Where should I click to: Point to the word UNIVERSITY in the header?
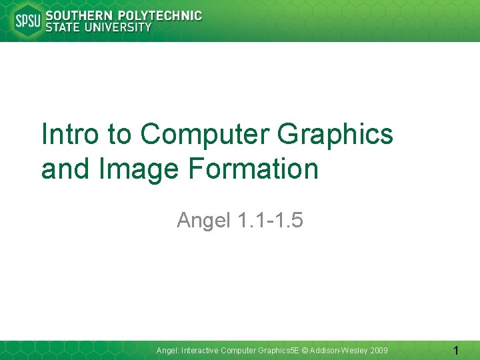coord(119,27)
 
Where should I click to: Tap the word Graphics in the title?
coord(335,134)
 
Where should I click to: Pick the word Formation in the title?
coord(254,169)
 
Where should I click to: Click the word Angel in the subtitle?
coord(203,219)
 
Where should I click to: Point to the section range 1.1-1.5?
coord(270,219)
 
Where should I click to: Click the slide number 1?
coord(455,351)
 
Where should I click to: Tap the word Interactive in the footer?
coord(199,351)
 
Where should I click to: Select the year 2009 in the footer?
coord(378,351)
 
